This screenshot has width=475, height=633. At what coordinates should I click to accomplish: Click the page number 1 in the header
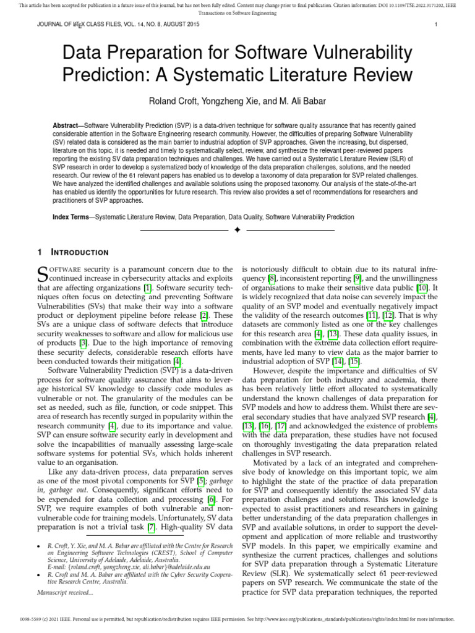click(x=436, y=25)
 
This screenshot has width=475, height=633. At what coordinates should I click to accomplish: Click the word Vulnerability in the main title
click(x=354, y=54)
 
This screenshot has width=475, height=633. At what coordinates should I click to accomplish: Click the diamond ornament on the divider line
click(x=237, y=231)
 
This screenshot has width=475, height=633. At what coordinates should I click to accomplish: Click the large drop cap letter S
click(x=43, y=274)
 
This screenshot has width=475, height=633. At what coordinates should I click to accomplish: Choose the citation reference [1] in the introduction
click(x=147, y=287)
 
